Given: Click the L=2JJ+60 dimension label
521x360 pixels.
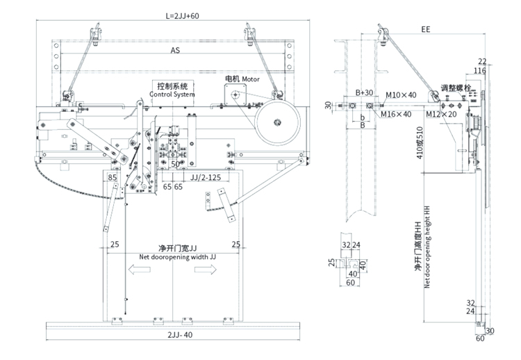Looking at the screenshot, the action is pyautogui.click(x=182, y=16).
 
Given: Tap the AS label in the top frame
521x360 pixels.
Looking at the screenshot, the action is pyautogui.click(x=175, y=50).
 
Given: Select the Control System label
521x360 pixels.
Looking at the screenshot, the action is pyautogui.click(x=172, y=95).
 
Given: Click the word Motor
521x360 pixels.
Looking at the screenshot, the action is pyautogui.click(x=251, y=79).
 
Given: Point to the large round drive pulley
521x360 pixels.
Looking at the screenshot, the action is pyautogui.click(x=278, y=122).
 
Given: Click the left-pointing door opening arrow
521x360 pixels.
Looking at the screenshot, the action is pyautogui.click(x=139, y=269).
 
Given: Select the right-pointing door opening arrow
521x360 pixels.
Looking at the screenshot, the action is pyautogui.click(x=206, y=269).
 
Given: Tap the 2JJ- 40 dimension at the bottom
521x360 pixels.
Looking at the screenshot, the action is pyautogui.click(x=180, y=335).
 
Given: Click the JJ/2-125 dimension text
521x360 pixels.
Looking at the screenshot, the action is pyautogui.click(x=206, y=177).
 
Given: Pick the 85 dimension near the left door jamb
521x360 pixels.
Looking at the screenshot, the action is pyautogui.click(x=113, y=177).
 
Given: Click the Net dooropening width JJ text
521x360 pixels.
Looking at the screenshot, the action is pyautogui.click(x=177, y=257).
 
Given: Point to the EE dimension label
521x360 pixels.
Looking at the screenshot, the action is pyautogui.click(x=426, y=30).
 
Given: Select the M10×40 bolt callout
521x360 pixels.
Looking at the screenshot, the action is pyautogui.click(x=401, y=95).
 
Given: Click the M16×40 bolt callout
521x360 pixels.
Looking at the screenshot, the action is pyautogui.click(x=396, y=115).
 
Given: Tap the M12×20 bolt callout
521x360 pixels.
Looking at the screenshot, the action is pyautogui.click(x=441, y=115).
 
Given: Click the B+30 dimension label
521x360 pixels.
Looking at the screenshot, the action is pyautogui.click(x=364, y=92).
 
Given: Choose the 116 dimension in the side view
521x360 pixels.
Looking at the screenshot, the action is pyautogui.click(x=479, y=70).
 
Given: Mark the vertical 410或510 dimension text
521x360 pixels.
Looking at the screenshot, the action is pyautogui.click(x=420, y=142).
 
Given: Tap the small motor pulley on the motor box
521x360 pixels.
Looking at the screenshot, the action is pyautogui.click(x=235, y=95).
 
